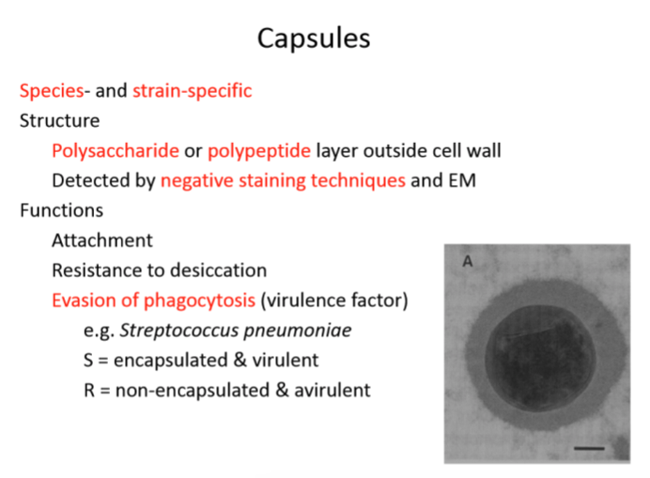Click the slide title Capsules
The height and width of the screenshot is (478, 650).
(x=314, y=39)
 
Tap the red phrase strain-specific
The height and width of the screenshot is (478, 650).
(x=192, y=91)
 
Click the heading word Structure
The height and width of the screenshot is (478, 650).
(x=59, y=121)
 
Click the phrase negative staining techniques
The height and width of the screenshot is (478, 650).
(x=283, y=180)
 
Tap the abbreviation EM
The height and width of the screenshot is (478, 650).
(x=462, y=180)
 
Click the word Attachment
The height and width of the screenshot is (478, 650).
(x=102, y=240)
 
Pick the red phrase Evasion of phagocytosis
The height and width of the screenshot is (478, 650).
(x=153, y=301)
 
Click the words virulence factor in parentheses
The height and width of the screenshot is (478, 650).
(x=334, y=301)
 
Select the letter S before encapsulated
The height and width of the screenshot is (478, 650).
(x=89, y=361)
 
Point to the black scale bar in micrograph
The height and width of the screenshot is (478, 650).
(x=588, y=448)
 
